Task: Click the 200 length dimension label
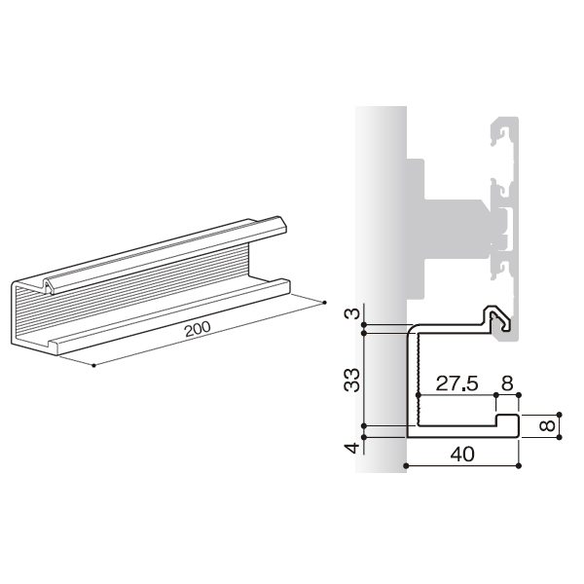[x=198, y=329]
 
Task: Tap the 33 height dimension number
[x=352, y=380]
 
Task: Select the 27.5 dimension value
[x=456, y=383]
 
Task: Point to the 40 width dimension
[x=462, y=454]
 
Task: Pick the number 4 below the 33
[x=352, y=448]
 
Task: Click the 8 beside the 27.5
[x=507, y=383]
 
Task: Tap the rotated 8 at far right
[x=547, y=425]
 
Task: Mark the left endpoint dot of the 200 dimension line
[x=93, y=365]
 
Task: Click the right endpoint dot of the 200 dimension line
[x=324, y=303]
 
